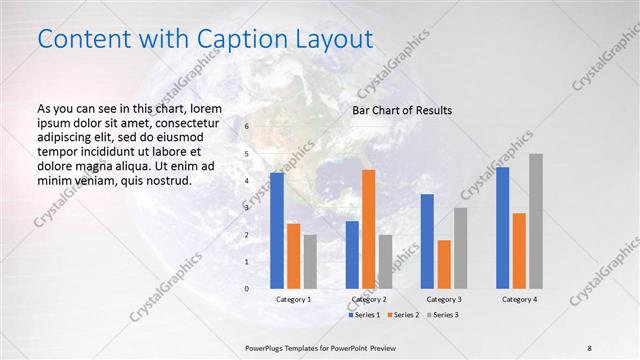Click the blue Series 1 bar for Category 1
point(277,231)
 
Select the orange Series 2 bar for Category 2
point(368,229)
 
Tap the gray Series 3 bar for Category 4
point(536,221)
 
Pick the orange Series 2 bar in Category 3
point(444,264)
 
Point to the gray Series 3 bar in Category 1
point(310,262)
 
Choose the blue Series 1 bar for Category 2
point(352,255)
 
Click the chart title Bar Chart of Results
point(402,110)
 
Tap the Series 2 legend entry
point(402,315)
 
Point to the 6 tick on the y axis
point(247,127)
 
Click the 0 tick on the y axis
point(247,289)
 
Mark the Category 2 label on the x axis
point(369,300)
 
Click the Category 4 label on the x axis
point(519,300)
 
